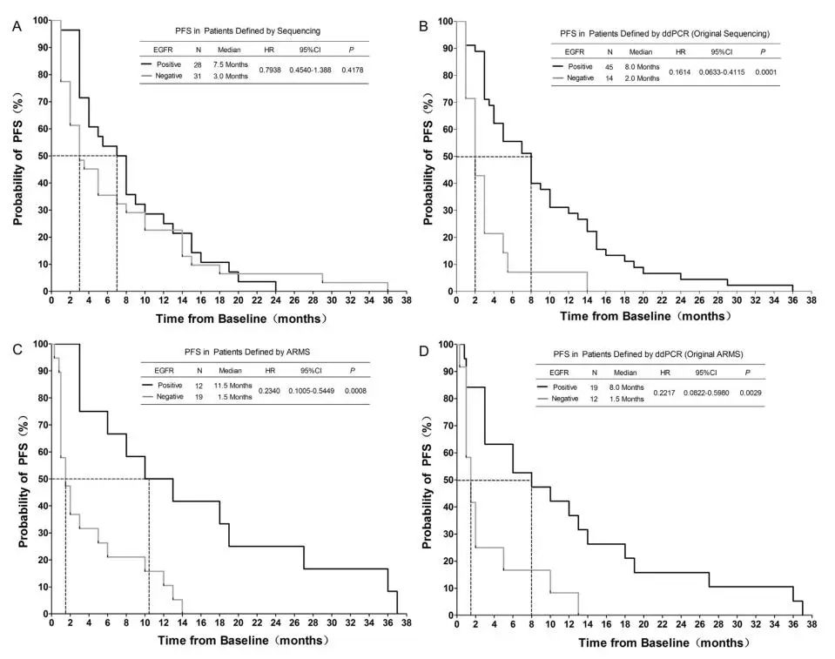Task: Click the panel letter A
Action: pos(17,26)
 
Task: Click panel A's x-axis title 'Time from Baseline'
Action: pos(241,319)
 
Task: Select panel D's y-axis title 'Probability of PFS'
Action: pos(428,479)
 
